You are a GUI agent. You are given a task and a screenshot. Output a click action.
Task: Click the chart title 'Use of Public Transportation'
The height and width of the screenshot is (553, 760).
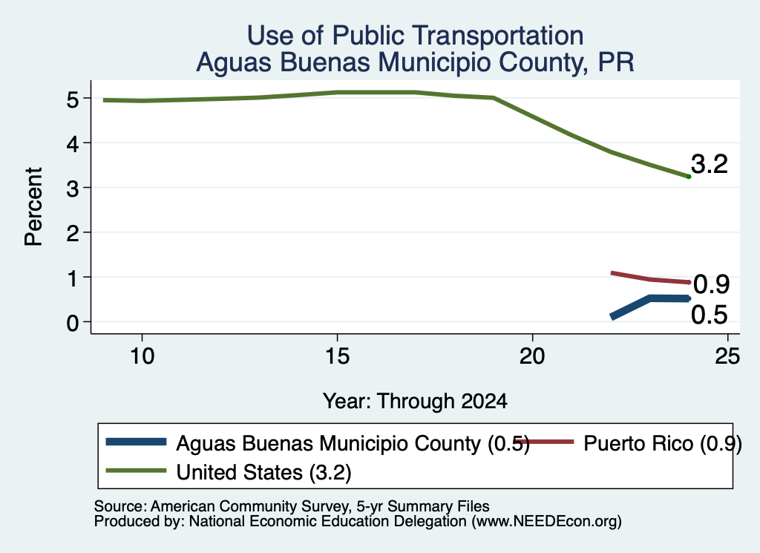point(415,36)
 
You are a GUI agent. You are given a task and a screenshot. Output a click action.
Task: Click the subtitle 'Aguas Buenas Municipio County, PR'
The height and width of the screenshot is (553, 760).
point(415,62)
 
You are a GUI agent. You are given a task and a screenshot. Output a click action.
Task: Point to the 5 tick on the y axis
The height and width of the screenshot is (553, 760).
point(72,100)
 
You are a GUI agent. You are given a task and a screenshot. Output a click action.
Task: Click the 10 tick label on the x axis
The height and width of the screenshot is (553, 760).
point(142,357)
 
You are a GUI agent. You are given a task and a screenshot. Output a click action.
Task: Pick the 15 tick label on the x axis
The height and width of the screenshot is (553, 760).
point(338,357)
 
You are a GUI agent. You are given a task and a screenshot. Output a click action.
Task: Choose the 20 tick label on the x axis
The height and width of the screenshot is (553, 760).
point(532,357)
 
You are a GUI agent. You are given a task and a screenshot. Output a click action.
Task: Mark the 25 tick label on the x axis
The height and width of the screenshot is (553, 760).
point(727,357)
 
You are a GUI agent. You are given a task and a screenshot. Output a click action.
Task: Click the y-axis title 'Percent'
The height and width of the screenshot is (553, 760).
point(34,206)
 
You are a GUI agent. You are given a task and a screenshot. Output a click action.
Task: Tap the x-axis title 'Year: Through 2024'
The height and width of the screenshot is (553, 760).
point(415,402)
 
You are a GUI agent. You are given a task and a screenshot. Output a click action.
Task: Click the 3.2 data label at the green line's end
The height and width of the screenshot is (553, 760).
point(709,164)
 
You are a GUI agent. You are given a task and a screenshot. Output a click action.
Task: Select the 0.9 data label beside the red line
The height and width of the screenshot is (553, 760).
point(711,284)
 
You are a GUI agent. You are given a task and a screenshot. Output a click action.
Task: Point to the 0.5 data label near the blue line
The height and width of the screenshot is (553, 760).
point(709,315)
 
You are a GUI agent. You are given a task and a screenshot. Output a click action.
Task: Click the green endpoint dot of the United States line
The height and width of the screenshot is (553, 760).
point(688,177)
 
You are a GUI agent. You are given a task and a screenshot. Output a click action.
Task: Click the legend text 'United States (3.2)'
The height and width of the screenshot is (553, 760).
point(263,473)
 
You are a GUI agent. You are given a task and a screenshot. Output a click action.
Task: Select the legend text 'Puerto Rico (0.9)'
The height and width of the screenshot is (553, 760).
point(663,443)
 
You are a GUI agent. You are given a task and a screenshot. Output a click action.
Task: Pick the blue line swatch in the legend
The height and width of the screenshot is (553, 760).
point(137,442)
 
